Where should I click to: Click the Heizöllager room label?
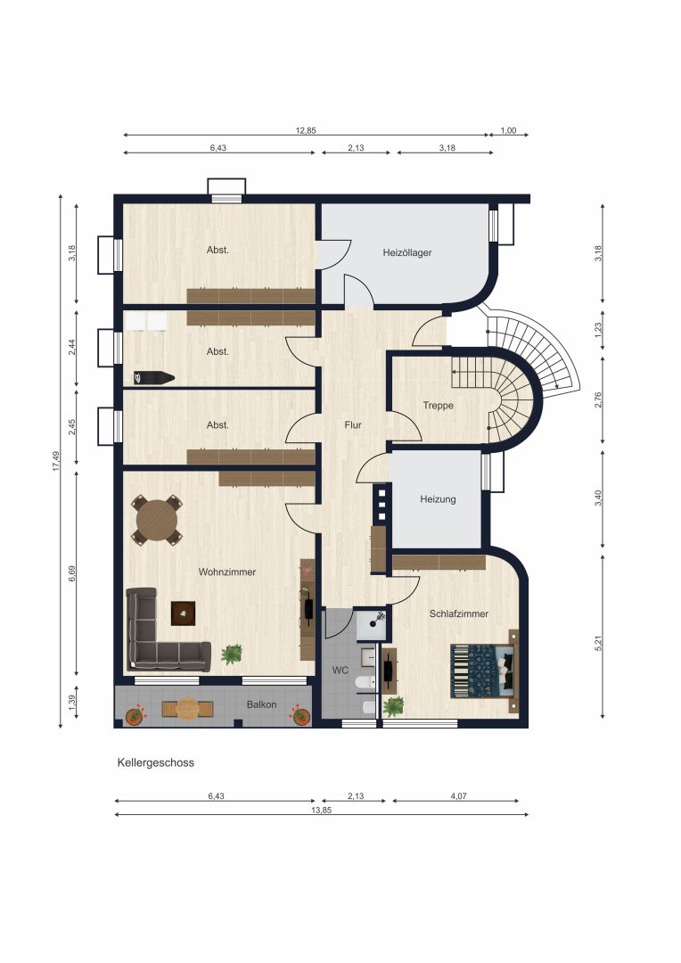click(x=407, y=252)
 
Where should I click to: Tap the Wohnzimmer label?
click(x=226, y=572)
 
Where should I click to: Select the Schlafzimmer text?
click(x=459, y=613)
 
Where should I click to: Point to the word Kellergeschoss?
click(x=155, y=762)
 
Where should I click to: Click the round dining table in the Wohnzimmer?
click(x=157, y=520)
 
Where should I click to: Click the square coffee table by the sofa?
click(x=183, y=613)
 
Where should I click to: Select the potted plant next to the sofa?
click(x=232, y=654)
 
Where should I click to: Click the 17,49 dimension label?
click(x=56, y=461)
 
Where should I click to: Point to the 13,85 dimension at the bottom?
click(x=321, y=810)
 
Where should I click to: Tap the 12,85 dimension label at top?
click(x=306, y=130)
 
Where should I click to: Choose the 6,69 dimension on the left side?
click(x=72, y=573)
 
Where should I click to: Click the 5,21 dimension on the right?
click(x=599, y=643)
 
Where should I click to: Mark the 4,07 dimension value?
click(x=459, y=796)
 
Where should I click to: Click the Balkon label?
click(x=261, y=704)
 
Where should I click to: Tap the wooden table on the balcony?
click(x=187, y=709)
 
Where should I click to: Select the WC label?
click(x=340, y=670)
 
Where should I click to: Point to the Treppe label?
click(x=439, y=406)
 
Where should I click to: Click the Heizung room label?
click(x=438, y=499)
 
